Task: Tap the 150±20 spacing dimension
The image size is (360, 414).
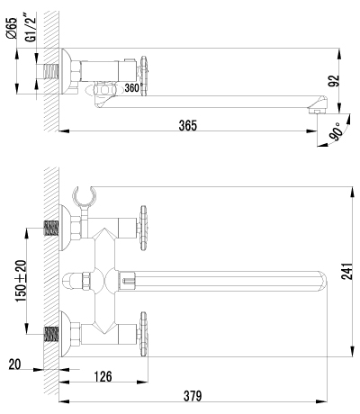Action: pos(20,281)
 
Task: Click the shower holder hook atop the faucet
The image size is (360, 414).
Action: pos(83,194)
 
